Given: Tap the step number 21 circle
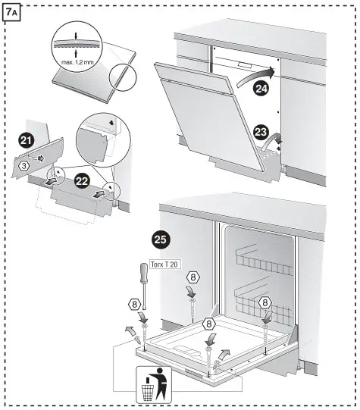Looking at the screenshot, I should pos(27,139).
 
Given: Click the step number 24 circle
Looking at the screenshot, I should pos(260,89).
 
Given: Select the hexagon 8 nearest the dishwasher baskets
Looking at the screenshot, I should pos(266,302).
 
